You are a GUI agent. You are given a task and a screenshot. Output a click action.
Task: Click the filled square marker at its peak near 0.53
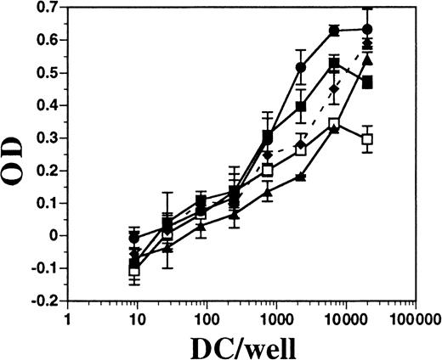(335, 64)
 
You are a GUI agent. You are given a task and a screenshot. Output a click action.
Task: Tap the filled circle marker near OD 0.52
(300, 67)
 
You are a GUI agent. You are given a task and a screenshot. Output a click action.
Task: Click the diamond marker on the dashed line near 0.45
(335, 88)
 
